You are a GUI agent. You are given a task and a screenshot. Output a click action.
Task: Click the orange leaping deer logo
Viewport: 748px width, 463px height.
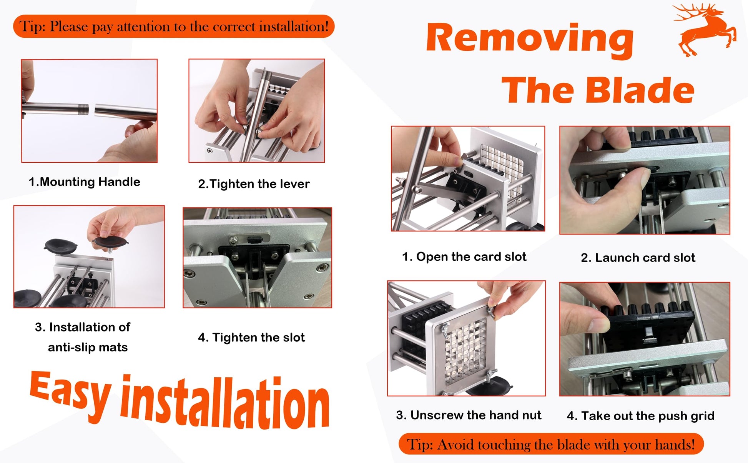705,30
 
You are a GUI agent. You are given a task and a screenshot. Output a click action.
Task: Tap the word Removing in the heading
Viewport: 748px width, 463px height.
530,39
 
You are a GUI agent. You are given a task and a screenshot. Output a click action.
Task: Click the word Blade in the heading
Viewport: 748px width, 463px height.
640,91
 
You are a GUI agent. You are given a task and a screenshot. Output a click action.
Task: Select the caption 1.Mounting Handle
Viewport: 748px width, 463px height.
84,182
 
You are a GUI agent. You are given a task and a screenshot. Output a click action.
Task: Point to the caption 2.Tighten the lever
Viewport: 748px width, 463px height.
254,184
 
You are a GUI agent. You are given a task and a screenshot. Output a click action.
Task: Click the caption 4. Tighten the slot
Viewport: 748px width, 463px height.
251,337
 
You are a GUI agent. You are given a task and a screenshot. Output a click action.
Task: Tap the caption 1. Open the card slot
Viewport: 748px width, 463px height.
464,256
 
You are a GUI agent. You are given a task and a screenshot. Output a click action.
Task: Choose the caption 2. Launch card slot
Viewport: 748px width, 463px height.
638,258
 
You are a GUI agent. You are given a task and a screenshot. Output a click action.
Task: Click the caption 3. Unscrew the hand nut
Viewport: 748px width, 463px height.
469,415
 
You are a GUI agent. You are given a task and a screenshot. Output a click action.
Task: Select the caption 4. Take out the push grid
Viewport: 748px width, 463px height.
640,416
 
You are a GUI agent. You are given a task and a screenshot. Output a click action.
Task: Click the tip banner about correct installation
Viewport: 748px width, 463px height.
174,26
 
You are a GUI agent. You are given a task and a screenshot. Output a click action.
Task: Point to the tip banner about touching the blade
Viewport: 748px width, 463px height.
551,444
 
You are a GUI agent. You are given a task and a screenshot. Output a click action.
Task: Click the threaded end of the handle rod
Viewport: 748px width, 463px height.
83,109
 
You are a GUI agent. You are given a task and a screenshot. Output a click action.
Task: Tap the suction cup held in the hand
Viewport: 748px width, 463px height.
110,242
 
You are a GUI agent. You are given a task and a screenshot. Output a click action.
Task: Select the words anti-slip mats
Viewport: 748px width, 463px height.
88,347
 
